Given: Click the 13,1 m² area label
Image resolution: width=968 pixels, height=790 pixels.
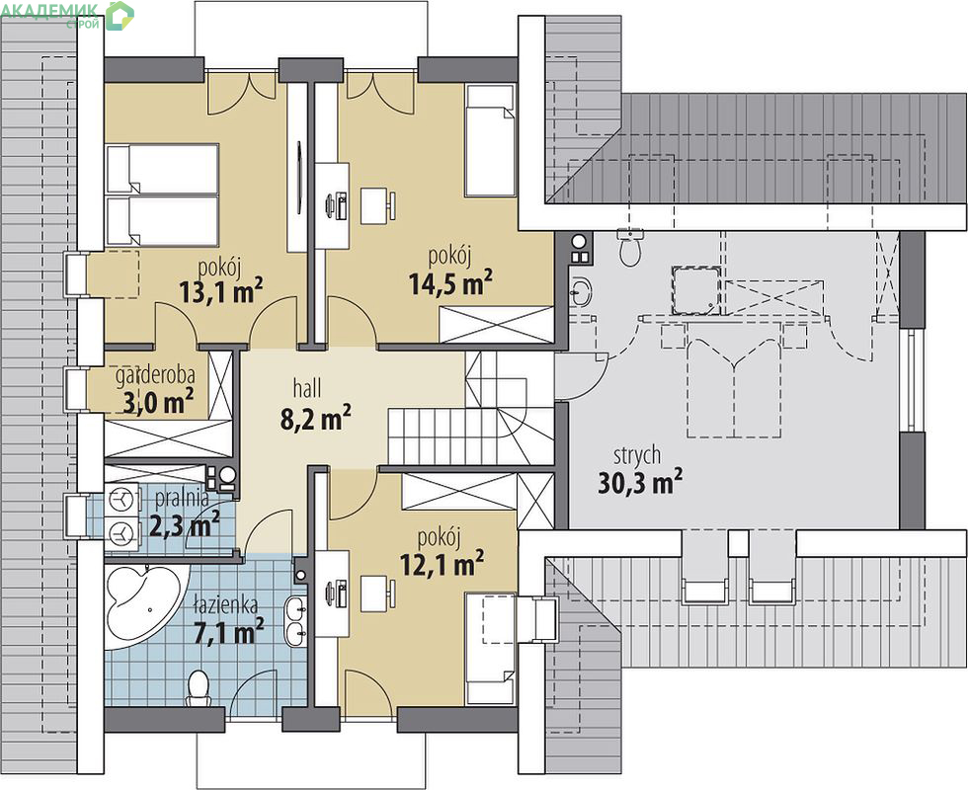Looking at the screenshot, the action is pyautogui.click(x=221, y=290).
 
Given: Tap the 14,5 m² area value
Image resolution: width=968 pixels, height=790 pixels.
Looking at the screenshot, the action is pyautogui.click(x=450, y=282).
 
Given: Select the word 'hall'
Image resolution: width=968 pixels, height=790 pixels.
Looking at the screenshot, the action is pyautogui.click(x=307, y=388).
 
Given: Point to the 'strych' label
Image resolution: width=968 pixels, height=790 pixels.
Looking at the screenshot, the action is pyautogui.click(x=637, y=455).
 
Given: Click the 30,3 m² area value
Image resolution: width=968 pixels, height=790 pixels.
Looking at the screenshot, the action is pyautogui.click(x=640, y=482).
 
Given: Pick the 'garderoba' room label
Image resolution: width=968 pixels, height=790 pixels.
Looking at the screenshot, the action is pyautogui.click(x=156, y=374).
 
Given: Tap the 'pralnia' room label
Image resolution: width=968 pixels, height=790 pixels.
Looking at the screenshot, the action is pyautogui.click(x=182, y=498).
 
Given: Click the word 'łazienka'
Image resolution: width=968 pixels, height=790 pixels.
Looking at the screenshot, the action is pyautogui.click(x=225, y=604).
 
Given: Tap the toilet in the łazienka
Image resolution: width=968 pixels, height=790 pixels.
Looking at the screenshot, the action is pyautogui.click(x=199, y=689).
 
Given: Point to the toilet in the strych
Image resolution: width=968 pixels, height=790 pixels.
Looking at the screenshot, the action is pyautogui.click(x=630, y=248).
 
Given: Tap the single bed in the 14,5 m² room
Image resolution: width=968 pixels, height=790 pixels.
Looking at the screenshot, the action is pyautogui.click(x=490, y=141).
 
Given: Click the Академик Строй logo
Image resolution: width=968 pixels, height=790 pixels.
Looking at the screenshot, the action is pyautogui.click(x=68, y=15).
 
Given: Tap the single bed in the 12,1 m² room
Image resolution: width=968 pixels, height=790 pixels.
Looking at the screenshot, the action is pyautogui.click(x=490, y=649).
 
